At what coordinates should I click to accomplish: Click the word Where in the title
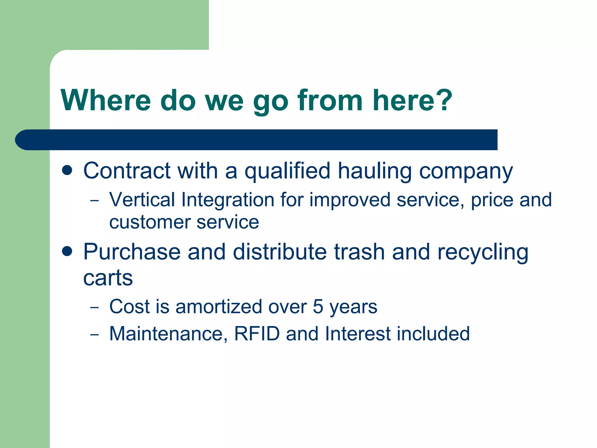click(x=106, y=101)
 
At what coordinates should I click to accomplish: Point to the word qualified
click(x=287, y=171)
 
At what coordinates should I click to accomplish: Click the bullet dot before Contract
click(x=67, y=170)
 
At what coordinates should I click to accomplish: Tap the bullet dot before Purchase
click(x=67, y=251)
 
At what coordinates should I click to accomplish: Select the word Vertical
click(x=142, y=200)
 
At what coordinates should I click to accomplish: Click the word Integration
click(x=228, y=200)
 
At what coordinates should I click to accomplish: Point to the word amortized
click(x=219, y=307)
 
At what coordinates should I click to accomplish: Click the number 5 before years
click(x=318, y=307)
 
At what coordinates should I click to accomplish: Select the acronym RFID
click(x=257, y=334)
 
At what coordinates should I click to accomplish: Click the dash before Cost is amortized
click(x=94, y=307)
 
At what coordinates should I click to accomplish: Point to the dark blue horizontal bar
click(x=257, y=140)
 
